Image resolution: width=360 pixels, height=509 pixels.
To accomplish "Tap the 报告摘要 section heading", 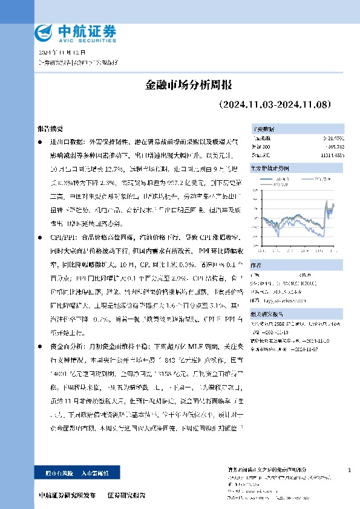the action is (50, 129).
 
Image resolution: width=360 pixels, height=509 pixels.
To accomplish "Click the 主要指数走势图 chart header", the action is (269, 166).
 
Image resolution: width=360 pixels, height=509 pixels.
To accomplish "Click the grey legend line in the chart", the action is (305, 180).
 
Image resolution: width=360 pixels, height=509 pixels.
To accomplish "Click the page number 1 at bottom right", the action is (350, 470).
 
